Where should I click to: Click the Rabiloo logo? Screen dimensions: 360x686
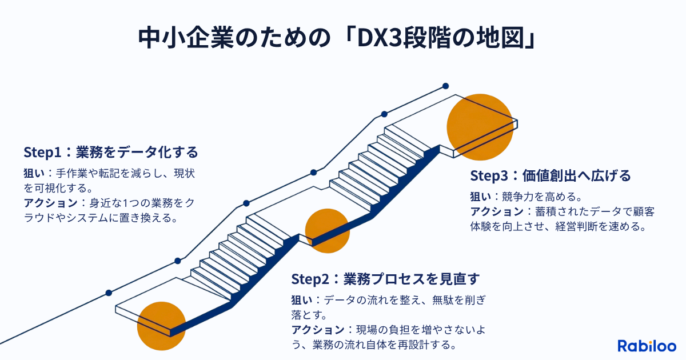(647, 346)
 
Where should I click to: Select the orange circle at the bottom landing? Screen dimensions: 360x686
(162, 326)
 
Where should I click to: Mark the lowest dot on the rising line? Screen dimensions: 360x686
(109, 293)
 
